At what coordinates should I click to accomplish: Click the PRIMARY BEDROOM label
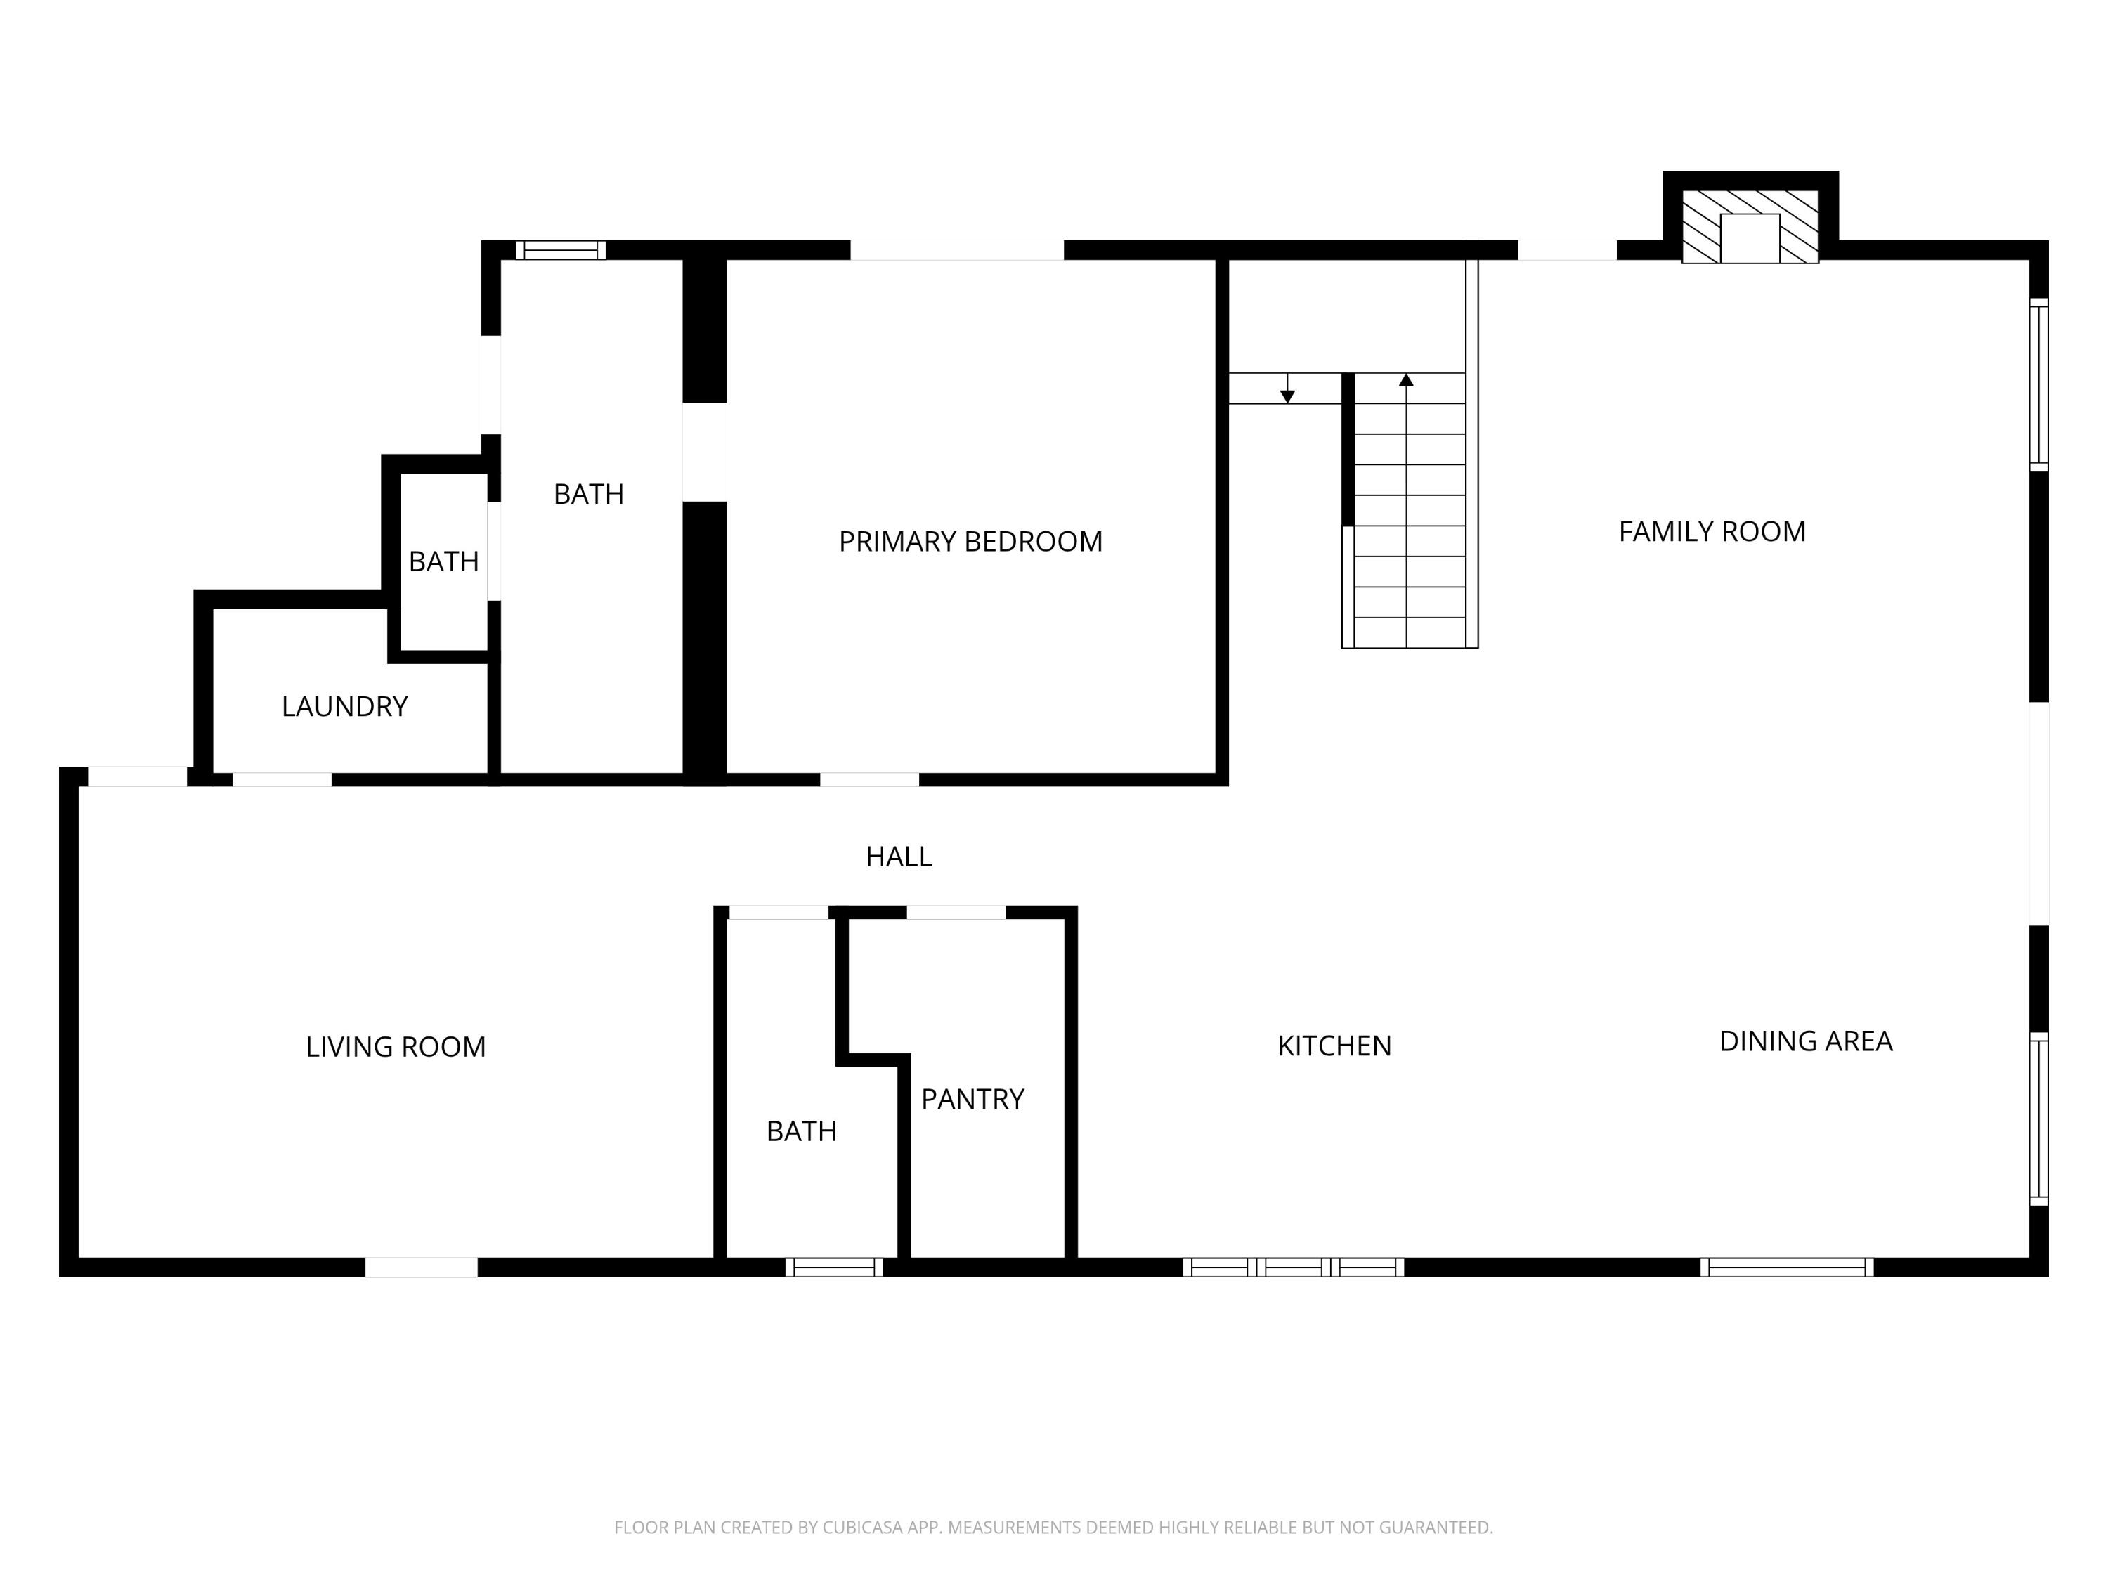970,541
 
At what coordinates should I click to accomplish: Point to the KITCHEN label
1334,1046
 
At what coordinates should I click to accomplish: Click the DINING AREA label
1805,1041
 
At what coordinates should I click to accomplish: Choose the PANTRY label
972,1099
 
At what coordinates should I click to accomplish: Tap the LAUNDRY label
344,706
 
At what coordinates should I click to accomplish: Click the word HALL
899,857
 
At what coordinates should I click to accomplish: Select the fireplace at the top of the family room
1750,227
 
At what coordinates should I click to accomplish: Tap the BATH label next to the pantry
802,1131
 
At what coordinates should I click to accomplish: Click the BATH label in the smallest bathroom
443,561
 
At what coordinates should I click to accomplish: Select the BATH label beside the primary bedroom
588,494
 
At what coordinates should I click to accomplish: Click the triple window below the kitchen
1293,1268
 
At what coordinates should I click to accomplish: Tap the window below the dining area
1787,1268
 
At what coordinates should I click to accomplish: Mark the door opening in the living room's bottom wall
421,1268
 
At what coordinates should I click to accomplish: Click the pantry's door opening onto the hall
956,912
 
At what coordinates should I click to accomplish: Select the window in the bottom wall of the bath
834,1268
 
